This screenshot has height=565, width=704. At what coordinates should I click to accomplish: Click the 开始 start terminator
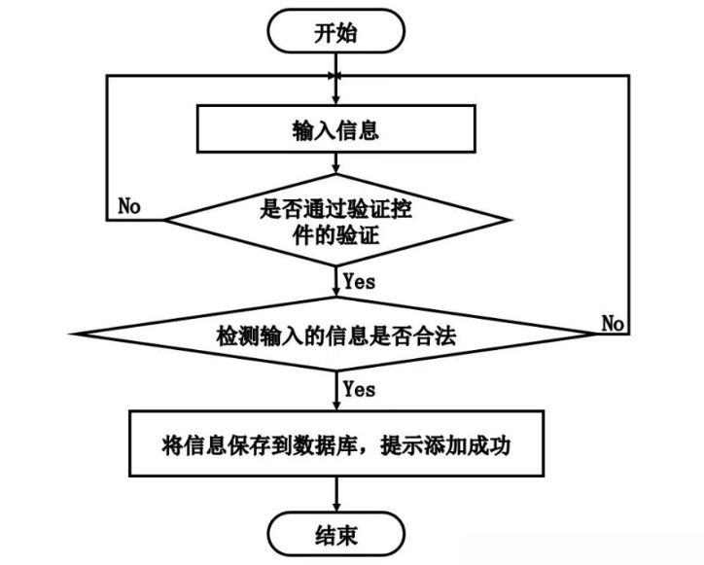(x=335, y=32)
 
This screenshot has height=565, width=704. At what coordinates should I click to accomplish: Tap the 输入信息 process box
(x=335, y=130)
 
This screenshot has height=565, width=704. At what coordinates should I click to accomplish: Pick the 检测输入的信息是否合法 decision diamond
(x=335, y=335)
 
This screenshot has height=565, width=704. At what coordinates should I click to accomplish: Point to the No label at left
(x=128, y=206)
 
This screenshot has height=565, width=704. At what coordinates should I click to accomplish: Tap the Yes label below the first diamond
(x=359, y=282)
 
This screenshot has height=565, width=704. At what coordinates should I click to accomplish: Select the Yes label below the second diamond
(x=359, y=389)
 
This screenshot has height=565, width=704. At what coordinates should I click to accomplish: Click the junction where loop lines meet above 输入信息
(x=335, y=75)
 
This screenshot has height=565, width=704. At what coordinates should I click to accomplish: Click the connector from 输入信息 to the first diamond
(x=335, y=166)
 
